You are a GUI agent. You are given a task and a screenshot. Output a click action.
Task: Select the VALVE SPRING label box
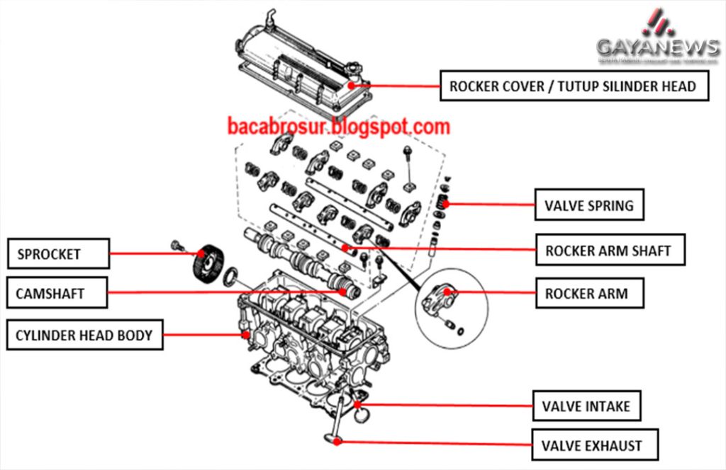tap(588, 206)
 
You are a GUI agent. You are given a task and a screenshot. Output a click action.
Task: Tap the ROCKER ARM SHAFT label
tap(608, 250)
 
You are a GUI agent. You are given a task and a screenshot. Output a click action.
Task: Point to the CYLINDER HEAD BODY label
tap(84, 335)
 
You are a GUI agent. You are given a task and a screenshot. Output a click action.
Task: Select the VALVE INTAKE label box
tap(586, 406)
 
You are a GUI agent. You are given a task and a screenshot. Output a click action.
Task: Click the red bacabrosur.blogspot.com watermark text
tap(339, 127)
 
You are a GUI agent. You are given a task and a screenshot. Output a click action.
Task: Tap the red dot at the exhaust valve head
tap(340, 441)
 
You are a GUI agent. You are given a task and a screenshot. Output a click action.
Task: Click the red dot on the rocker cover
tap(369, 86)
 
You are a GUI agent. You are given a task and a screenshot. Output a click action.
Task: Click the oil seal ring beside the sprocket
tap(231, 277)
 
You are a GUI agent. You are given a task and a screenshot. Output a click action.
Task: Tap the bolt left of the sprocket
tap(177, 246)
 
